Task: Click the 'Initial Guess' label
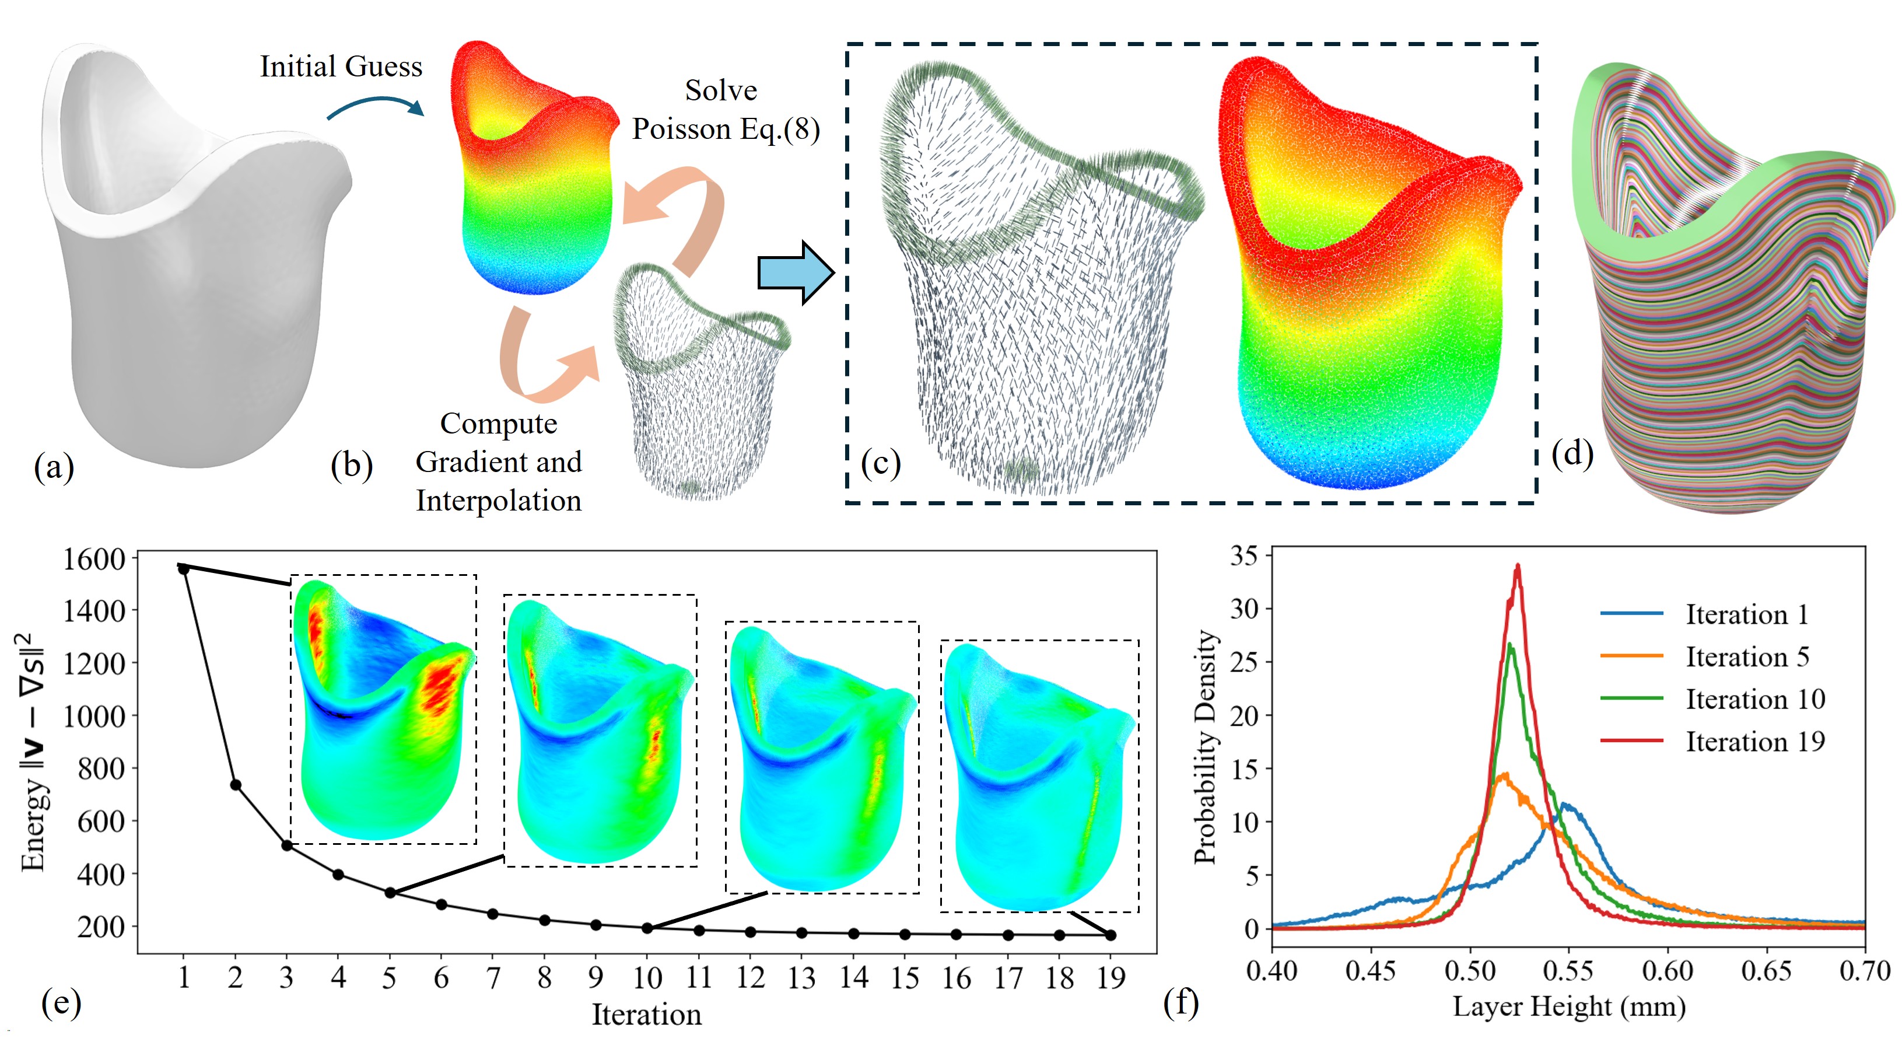click(341, 67)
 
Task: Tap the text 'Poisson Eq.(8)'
click(726, 130)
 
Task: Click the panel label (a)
click(54, 467)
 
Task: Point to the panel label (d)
click(1572, 453)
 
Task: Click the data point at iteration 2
click(236, 784)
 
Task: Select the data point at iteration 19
click(1111, 935)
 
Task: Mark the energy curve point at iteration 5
click(390, 893)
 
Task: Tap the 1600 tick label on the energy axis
click(94, 559)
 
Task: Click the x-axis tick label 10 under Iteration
click(647, 978)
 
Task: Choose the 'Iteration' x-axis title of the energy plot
click(646, 1015)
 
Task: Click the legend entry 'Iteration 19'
click(1754, 742)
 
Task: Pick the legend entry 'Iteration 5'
click(1747, 656)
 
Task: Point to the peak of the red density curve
click(1518, 566)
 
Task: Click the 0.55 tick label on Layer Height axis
click(1568, 970)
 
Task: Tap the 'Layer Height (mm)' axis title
click(1568, 1006)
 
